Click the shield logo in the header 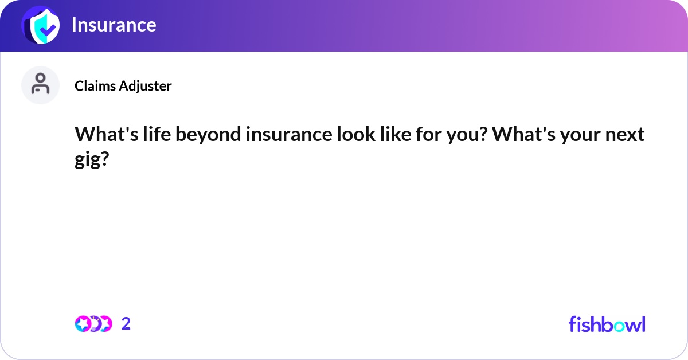[x=40, y=25]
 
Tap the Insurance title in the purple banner [x=114, y=25]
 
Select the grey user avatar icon [x=40, y=85]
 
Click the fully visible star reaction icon [x=83, y=324]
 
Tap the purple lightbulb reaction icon [x=94, y=324]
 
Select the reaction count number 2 [x=126, y=324]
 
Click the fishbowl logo [x=607, y=324]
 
